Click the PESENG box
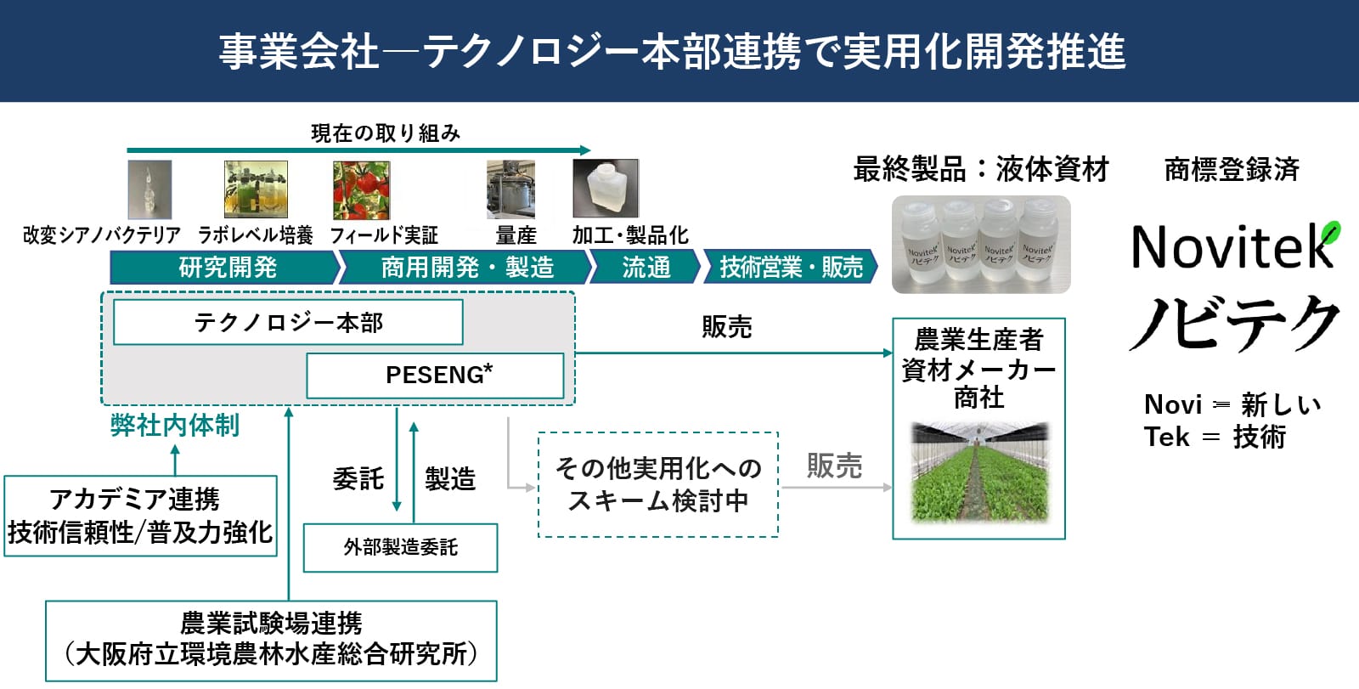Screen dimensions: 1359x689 click(435, 376)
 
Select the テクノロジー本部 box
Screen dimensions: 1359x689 click(288, 322)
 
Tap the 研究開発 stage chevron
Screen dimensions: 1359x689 click(225, 267)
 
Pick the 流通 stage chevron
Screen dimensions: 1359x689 click(646, 267)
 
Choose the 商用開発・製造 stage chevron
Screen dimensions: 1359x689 click(465, 267)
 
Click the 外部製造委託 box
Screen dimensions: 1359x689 click(400, 548)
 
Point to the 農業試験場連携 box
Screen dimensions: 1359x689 click(271, 641)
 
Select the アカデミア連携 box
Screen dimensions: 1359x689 click(141, 516)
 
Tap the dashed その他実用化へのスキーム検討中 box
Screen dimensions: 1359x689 click(658, 484)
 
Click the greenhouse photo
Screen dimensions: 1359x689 click(979, 472)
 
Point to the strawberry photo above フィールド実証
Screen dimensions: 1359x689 click(362, 190)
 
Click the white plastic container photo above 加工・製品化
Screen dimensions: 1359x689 click(606, 189)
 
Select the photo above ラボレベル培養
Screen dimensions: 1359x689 click(256, 189)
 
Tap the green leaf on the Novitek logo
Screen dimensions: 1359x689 click(1330, 233)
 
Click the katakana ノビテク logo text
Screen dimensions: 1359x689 click(1234, 323)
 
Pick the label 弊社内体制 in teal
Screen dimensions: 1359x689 click(175, 426)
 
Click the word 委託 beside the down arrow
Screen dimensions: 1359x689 click(358, 479)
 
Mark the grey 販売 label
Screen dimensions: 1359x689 click(834, 466)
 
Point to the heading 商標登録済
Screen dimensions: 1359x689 click(1232, 169)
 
